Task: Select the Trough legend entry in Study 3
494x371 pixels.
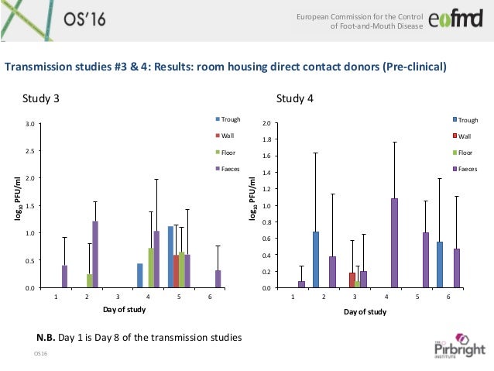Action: pyautogui.click(x=230, y=120)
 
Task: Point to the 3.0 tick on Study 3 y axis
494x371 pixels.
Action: pyautogui.click(x=29, y=123)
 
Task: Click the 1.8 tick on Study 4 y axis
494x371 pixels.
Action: pyautogui.click(x=267, y=140)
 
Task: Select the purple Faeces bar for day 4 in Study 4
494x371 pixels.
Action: pyautogui.click(x=394, y=243)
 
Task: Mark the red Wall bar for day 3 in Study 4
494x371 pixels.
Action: pyautogui.click(x=352, y=280)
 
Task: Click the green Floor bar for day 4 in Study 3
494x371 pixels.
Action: pyautogui.click(x=151, y=267)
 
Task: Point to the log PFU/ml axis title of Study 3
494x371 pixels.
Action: pyautogui.click(x=14, y=201)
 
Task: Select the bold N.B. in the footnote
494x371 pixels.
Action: pyautogui.click(x=48, y=337)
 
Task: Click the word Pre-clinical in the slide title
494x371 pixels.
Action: pyautogui.click(x=414, y=67)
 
